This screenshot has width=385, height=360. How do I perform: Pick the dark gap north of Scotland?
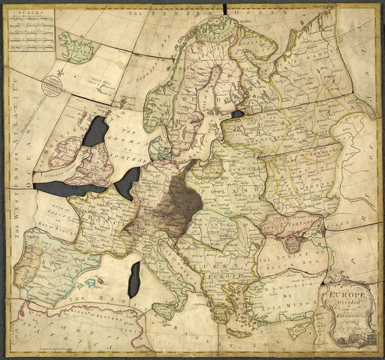97,132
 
